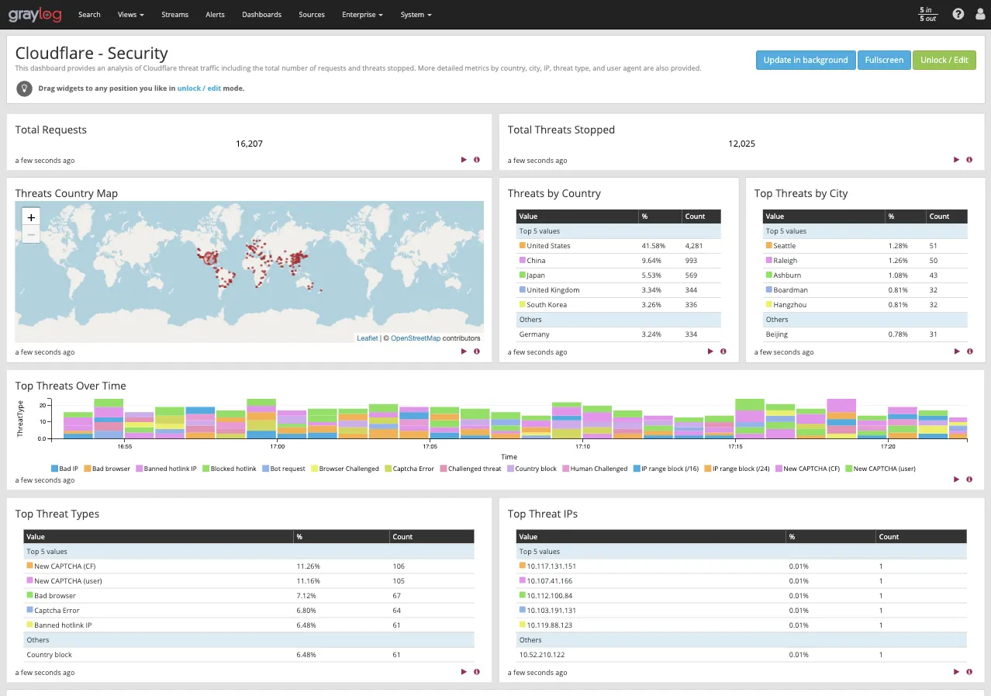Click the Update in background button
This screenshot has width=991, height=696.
[x=805, y=60]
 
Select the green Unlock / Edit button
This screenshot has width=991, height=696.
[x=944, y=60]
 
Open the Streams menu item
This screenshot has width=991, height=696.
[x=174, y=15]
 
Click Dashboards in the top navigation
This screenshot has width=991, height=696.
[x=261, y=15]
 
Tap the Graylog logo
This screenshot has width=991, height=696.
[x=35, y=15]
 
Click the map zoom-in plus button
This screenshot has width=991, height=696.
[x=31, y=217]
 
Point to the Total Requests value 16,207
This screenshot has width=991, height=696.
[x=249, y=144]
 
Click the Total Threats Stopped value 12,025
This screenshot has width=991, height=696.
[x=741, y=144]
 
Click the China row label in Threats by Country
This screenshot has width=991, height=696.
[x=536, y=261]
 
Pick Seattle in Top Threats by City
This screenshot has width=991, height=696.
[x=784, y=246]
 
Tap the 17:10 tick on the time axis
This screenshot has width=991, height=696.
[x=582, y=447]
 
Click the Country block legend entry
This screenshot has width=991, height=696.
[x=535, y=469]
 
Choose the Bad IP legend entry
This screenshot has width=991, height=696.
[x=68, y=469]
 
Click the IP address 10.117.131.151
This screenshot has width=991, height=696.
[x=551, y=566]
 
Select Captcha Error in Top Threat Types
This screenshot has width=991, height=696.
[x=57, y=611]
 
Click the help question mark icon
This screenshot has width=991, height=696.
[x=958, y=14]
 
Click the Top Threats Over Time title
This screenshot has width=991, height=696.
[x=71, y=386]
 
